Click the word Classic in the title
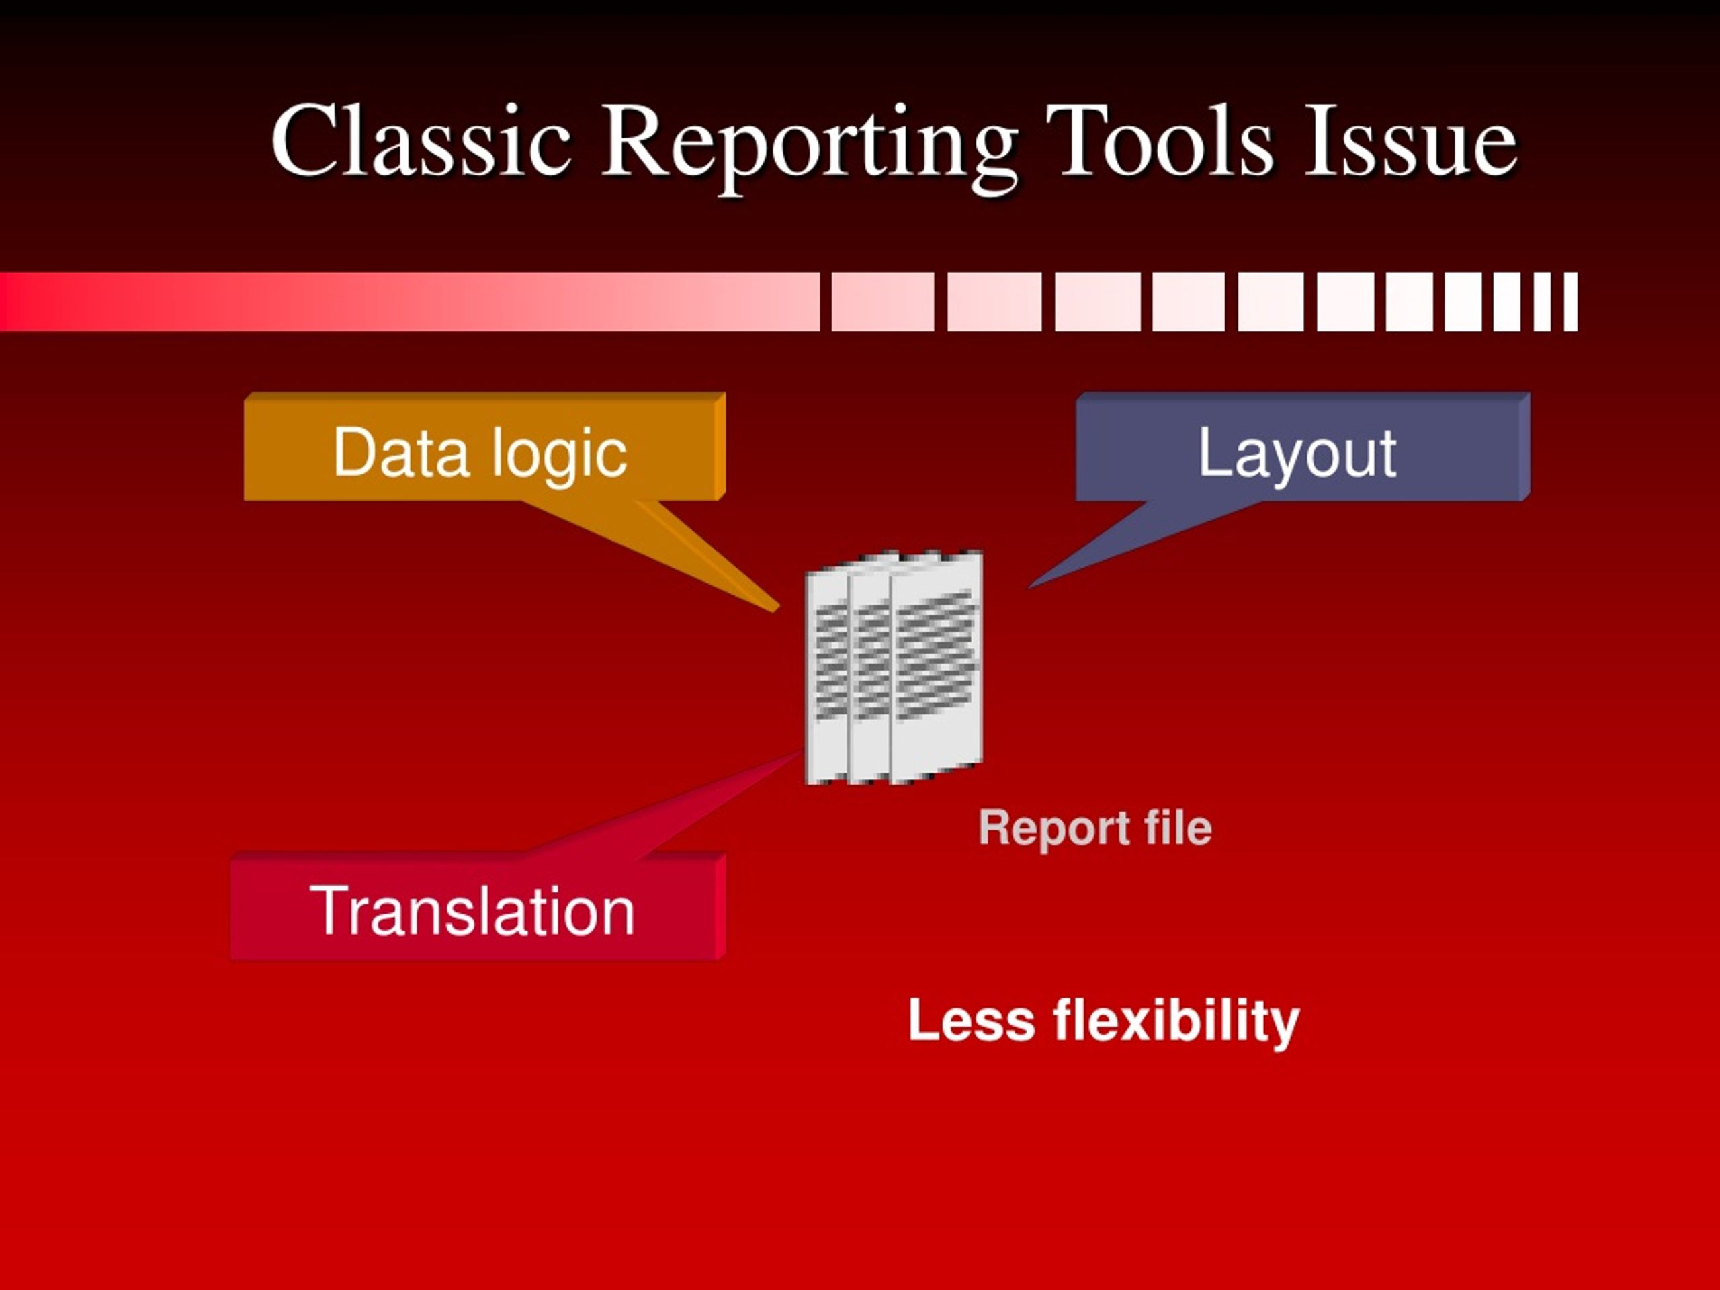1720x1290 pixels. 421,140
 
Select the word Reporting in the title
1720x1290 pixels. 810,148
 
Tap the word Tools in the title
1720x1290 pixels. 1160,140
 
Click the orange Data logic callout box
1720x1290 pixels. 484,446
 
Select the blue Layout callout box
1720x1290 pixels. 1303,446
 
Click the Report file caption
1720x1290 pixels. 1095,827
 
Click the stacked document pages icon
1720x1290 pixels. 894,667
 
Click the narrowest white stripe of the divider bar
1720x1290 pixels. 1571,302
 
